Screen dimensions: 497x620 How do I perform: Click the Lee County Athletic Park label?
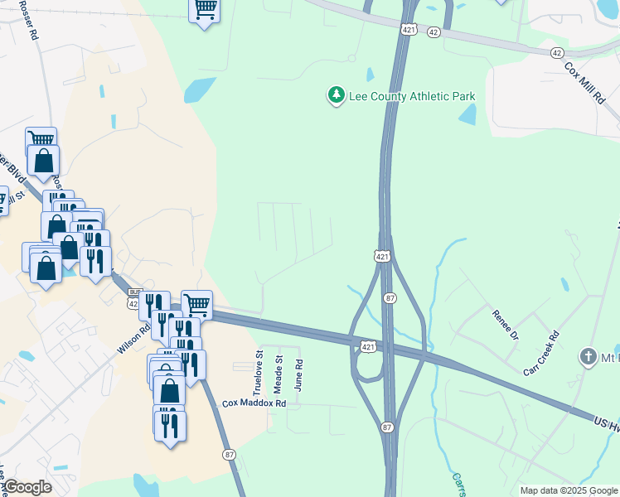(x=411, y=97)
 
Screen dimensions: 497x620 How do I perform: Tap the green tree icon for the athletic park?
(x=336, y=96)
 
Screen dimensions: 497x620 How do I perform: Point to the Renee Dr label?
(x=504, y=326)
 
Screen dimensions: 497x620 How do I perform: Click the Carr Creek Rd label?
(x=541, y=352)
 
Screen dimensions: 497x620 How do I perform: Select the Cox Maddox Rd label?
(x=254, y=403)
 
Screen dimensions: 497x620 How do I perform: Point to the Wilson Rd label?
(x=133, y=337)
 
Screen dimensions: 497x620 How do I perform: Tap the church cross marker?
(x=589, y=357)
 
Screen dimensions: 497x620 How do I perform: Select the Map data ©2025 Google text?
(x=569, y=490)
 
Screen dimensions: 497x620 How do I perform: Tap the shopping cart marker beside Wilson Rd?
(x=196, y=305)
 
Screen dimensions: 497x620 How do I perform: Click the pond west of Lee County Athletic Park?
(x=200, y=90)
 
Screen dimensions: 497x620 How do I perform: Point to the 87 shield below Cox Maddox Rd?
(x=229, y=454)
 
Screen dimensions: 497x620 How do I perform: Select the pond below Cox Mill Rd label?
(x=467, y=113)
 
